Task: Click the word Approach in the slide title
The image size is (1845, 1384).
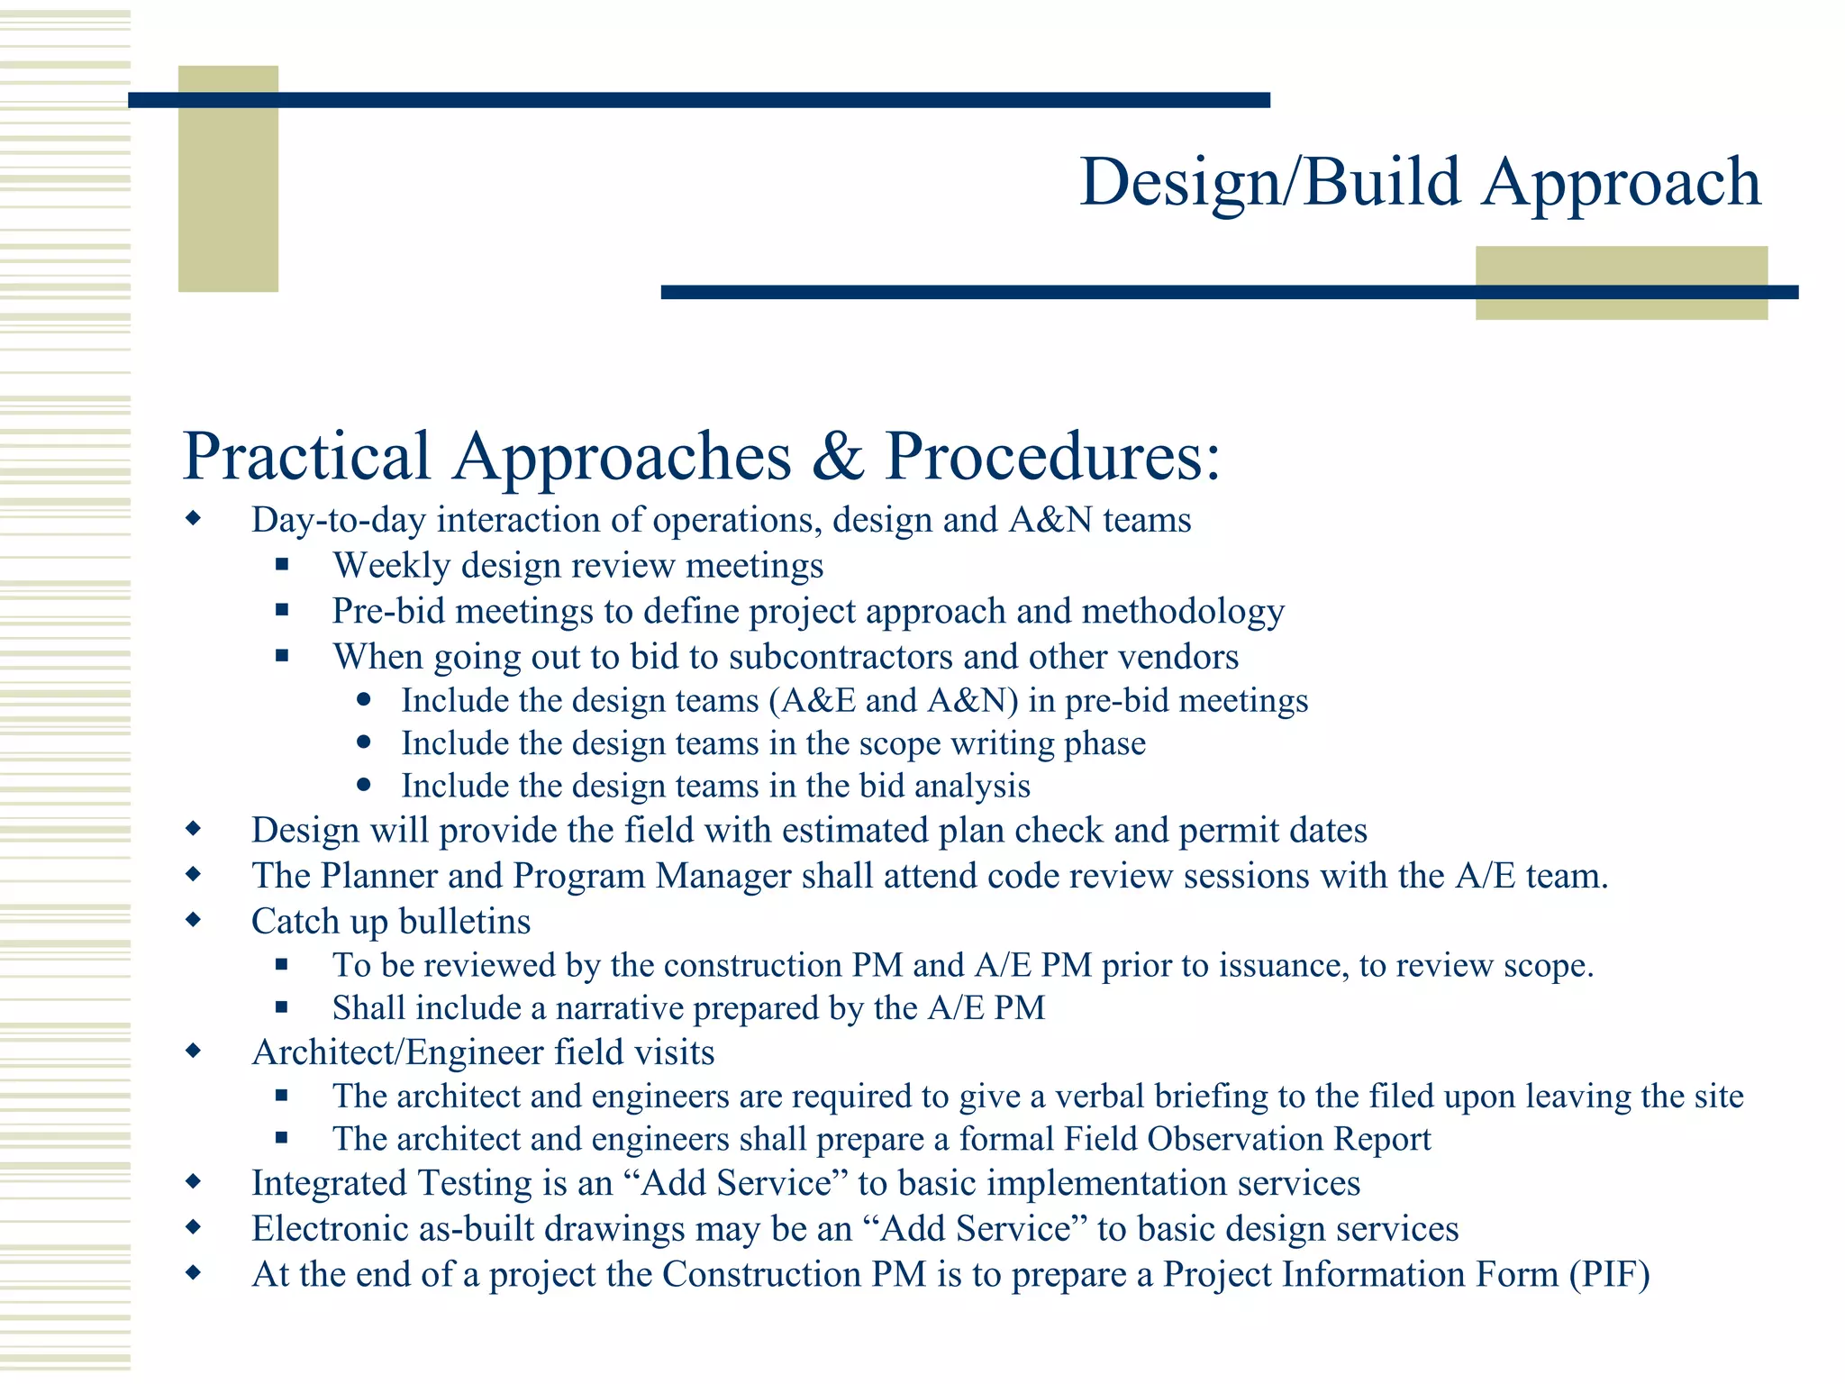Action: coord(1621,183)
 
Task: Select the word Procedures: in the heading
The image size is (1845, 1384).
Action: coord(1052,456)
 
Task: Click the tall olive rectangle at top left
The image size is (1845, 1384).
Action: coord(228,178)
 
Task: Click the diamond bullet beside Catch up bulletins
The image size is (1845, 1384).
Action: coord(193,920)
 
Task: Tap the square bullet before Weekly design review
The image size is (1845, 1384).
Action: coord(282,565)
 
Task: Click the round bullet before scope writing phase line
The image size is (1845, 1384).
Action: coord(364,742)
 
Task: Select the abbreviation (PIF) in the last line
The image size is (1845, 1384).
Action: coord(1609,1275)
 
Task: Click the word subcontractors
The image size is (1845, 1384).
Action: coord(841,657)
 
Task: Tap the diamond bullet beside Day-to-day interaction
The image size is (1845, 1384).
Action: coord(193,519)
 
